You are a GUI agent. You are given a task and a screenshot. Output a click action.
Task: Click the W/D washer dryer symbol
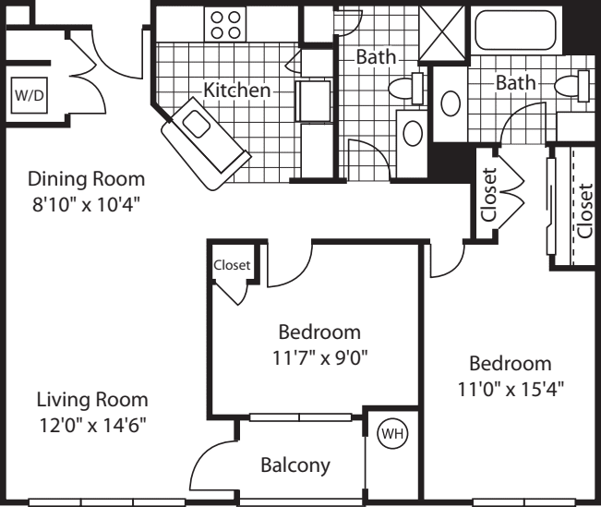30,95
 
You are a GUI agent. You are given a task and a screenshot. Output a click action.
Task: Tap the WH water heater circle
392,434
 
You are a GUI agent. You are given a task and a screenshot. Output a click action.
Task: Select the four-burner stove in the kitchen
225,25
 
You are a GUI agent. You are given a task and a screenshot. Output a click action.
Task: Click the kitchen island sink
197,124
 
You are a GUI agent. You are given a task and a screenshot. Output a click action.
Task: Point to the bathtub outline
515,30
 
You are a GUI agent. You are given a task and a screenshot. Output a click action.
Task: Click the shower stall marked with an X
443,32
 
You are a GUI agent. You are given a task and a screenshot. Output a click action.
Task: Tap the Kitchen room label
237,91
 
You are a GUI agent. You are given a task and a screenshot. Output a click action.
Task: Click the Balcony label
295,465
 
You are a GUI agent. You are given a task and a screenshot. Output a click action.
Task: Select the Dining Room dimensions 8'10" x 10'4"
85,204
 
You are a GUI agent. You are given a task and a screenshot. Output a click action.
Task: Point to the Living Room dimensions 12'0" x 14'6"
92,425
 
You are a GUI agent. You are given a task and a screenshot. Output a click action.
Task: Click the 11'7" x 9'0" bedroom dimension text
319,358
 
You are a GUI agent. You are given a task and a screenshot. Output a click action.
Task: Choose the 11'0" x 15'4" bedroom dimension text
511,390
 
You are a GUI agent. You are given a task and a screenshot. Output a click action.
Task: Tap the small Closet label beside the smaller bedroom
232,265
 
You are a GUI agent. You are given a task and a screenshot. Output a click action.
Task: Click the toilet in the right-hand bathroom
572,86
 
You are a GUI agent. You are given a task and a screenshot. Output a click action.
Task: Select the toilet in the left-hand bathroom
406,89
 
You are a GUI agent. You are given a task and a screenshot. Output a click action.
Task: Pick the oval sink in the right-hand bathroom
451,103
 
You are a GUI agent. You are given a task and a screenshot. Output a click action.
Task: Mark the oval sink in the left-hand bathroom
413,133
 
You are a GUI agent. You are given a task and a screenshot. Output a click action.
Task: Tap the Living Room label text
92,400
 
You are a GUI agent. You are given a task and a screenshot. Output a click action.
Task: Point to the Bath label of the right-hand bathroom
516,83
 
